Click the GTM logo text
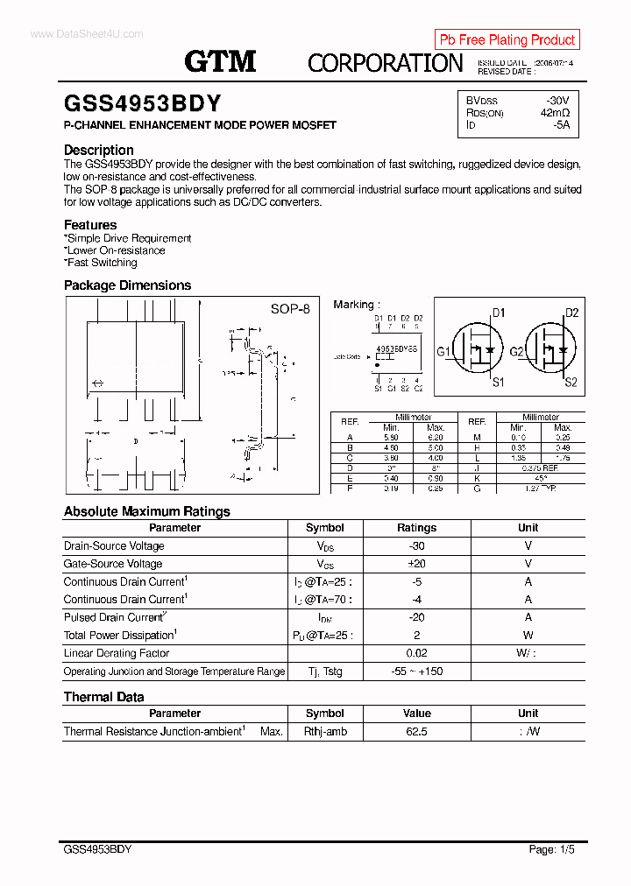pyautogui.click(x=220, y=60)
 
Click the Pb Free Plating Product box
pyautogui.click(x=507, y=39)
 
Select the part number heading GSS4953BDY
pyautogui.click(x=143, y=103)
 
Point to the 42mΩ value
pyautogui.click(x=555, y=113)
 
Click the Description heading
pyautogui.click(x=99, y=150)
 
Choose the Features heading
pyautogui.click(x=90, y=225)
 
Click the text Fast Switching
pyautogui.click(x=102, y=263)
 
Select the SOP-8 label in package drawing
pyautogui.click(x=290, y=309)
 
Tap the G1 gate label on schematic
pyautogui.click(x=443, y=352)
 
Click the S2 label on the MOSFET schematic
pyautogui.click(x=571, y=382)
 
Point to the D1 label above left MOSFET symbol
pyautogui.click(x=498, y=313)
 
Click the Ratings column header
pyautogui.click(x=416, y=528)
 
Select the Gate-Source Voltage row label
pyautogui.click(x=113, y=564)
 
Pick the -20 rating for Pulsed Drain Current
pyautogui.click(x=416, y=617)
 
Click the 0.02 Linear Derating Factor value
pyautogui.click(x=416, y=653)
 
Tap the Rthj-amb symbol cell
pyautogui.click(x=325, y=731)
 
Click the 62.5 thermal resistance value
pyautogui.click(x=416, y=731)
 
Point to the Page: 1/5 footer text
pyautogui.click(x=552, y=849)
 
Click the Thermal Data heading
pyautogui.click(x=104, y=697)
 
